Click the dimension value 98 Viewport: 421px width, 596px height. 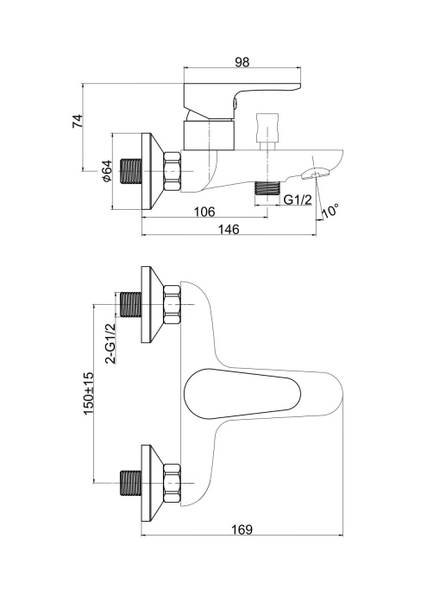(x=242, y=62)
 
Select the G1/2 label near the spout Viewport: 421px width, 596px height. (x=299, y=200)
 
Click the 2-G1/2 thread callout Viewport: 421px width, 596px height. (x=110, y=343)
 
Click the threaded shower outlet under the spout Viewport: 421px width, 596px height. (x=269, y=189)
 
